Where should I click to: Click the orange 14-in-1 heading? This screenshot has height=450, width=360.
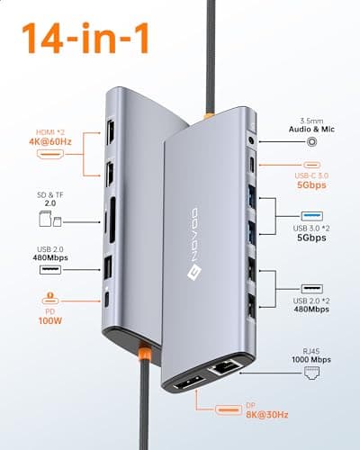coord(85,39)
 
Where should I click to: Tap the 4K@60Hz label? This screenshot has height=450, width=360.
coord(50,141)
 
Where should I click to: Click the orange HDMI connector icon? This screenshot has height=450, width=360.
coord(50,154)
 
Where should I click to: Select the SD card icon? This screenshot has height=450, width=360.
coord(45,219)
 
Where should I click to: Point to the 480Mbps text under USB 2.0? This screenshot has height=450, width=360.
coord(50,257)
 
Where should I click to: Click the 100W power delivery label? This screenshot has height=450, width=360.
coord(50,320)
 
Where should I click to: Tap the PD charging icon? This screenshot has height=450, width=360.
coord(50,298)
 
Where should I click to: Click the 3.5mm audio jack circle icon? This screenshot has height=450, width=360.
coord(312,141)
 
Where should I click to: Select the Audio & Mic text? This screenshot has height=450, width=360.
coord(311,130)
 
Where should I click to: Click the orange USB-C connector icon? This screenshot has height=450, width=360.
coord(311,165)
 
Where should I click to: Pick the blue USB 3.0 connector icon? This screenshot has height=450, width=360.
coord(312,216)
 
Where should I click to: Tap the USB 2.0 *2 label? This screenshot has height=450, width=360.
coord(311,301)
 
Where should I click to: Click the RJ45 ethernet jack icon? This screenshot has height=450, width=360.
coord(311,373)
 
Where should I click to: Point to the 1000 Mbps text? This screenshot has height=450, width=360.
coord(311,359)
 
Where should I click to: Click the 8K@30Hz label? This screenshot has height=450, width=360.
coord(267,415)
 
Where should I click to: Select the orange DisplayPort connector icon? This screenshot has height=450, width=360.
coord(229,409)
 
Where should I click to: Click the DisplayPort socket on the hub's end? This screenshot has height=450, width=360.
coord(190,382)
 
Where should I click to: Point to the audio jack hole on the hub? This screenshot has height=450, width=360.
coord(252,140)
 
